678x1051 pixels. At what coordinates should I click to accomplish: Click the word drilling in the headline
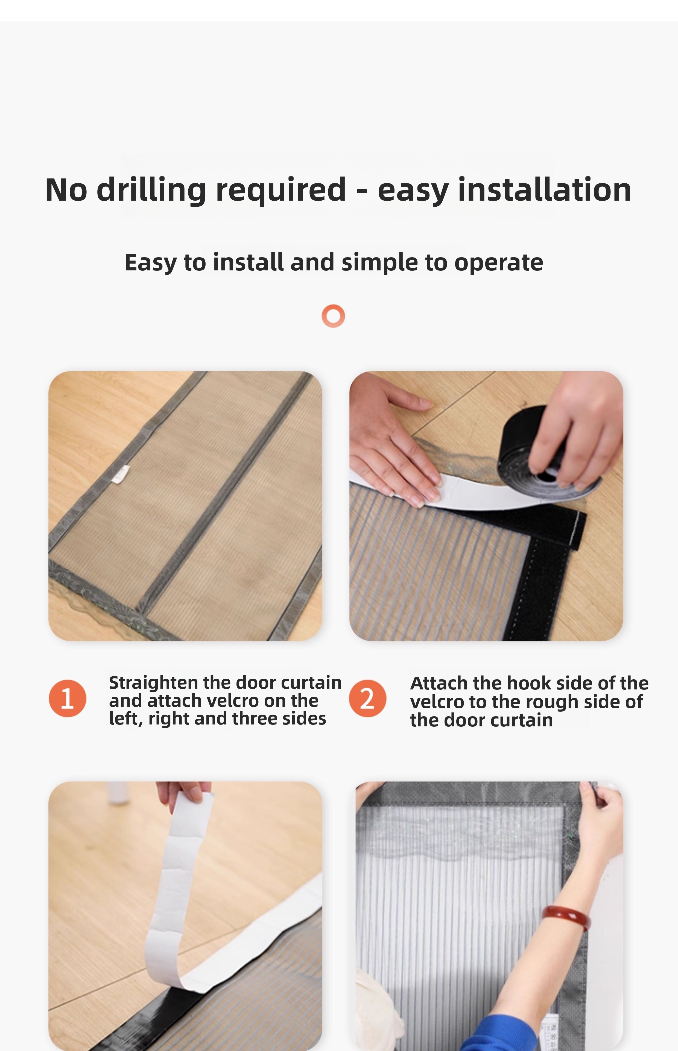point(151,190)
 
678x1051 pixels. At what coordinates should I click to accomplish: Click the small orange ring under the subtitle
point(333,316)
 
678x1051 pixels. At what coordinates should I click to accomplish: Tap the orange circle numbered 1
point(67,698)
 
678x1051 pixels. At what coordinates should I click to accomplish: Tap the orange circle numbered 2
point(368,698)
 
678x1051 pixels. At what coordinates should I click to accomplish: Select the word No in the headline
point(66,190)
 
